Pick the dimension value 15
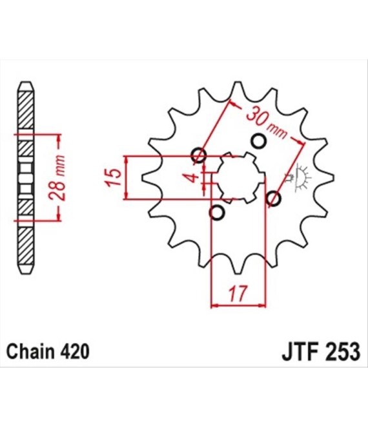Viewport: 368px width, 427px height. pos(112,176)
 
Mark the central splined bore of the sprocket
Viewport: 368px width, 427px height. pos(239,177)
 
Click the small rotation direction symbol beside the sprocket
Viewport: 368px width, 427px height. pos(301,176)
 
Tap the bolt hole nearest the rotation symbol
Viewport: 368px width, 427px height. pos(273,199)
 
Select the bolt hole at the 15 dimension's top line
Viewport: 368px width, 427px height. pos(199,155)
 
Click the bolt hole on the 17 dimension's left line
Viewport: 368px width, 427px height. pos(218,212)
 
